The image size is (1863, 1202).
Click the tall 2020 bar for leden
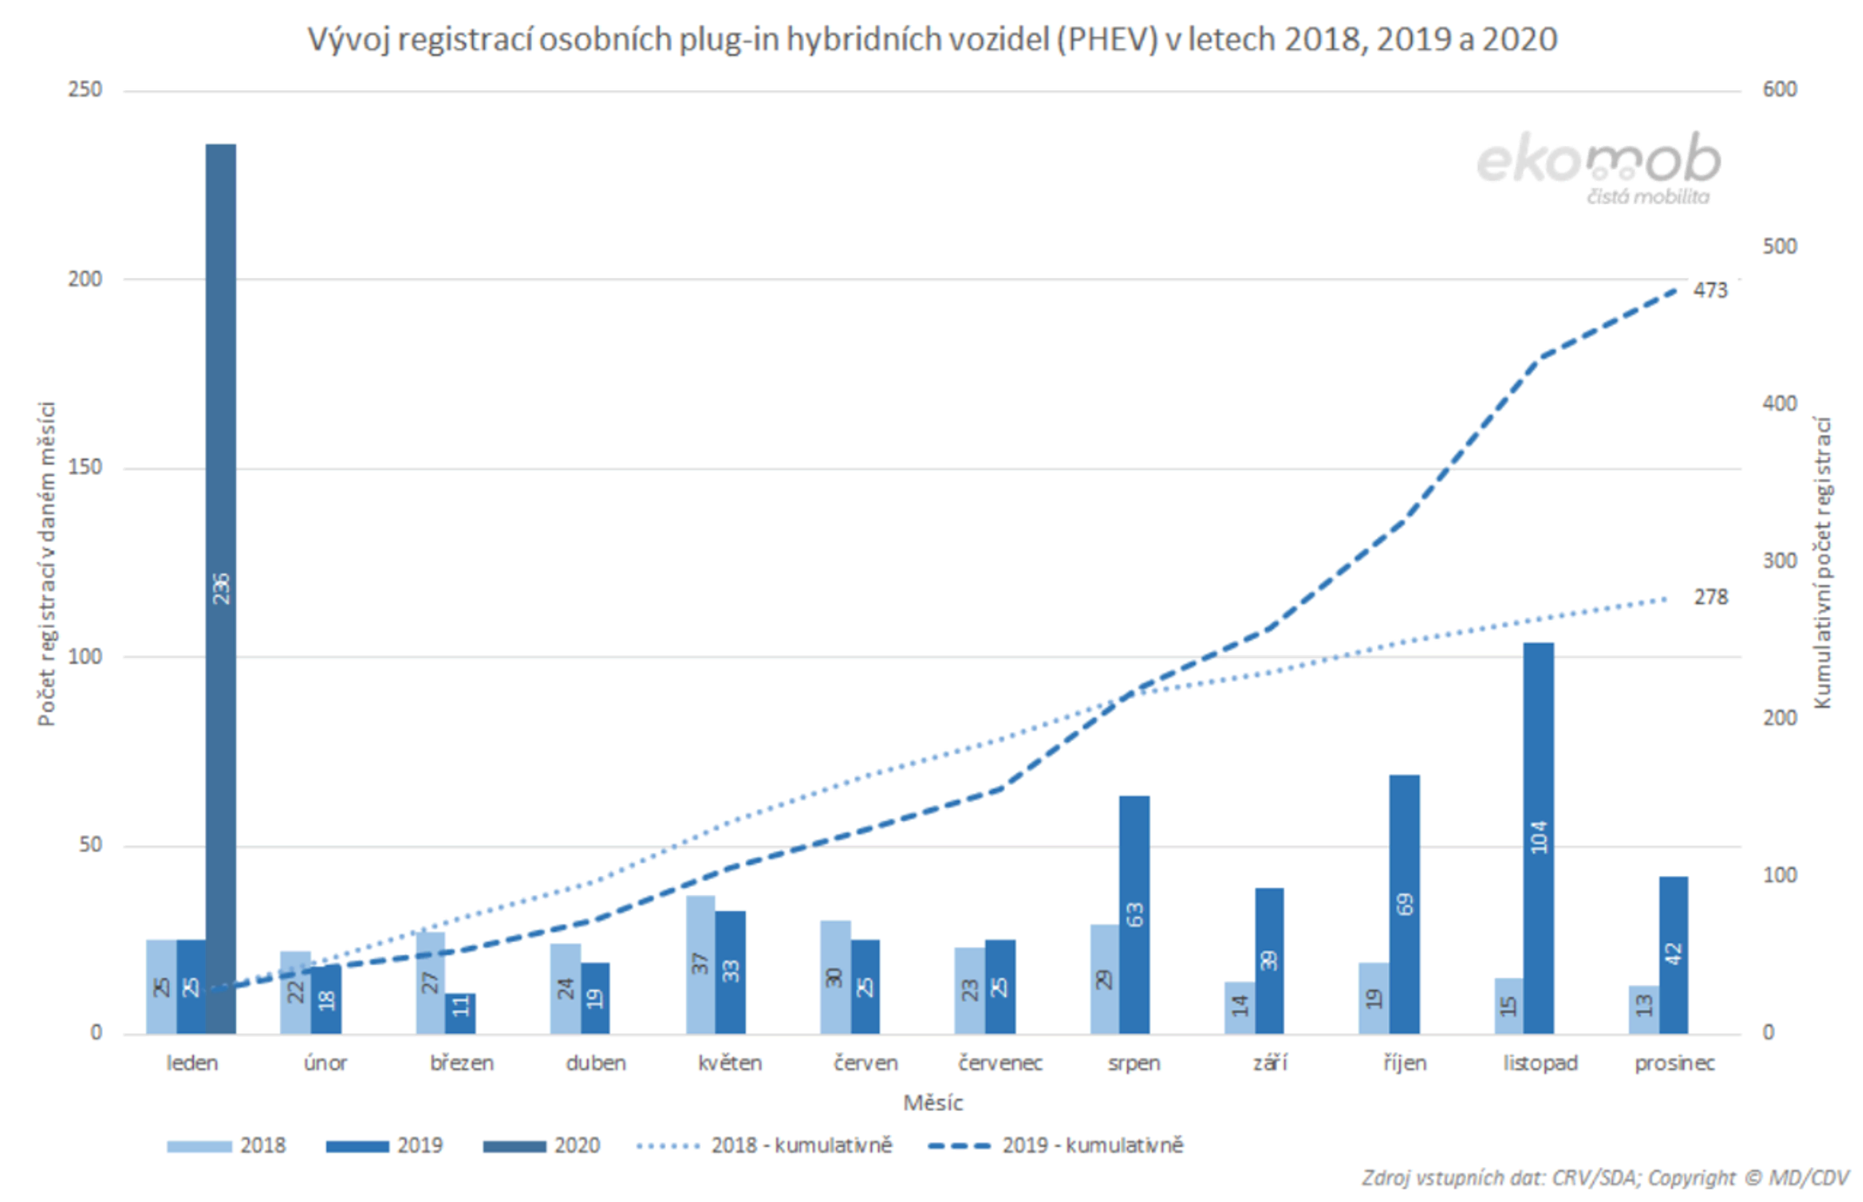coord(221,585)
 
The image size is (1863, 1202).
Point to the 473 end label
coord(1709,290)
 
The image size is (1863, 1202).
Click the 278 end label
coord(1709,597)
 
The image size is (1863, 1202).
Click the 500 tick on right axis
coord(1778,247)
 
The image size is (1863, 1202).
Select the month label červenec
coord(1000,1063)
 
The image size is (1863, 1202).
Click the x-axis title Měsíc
coord(932,1103)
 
